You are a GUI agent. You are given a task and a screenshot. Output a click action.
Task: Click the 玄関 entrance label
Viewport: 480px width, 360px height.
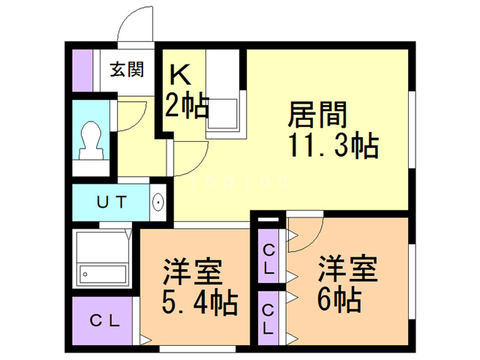pyautogui.click(x=127, y=70)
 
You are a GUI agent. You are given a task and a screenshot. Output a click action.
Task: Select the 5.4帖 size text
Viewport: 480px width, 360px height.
pyautogui.click(x=199, y=303)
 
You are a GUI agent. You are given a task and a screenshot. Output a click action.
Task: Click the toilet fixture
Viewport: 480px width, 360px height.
pyautogui.click(x=91, y=139)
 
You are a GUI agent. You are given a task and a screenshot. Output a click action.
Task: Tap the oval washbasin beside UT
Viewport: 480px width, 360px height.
pyautogui.click(x=158, y=202)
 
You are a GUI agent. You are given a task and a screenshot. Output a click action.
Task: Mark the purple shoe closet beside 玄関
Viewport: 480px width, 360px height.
pyautogui.click(x=82, y=70)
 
